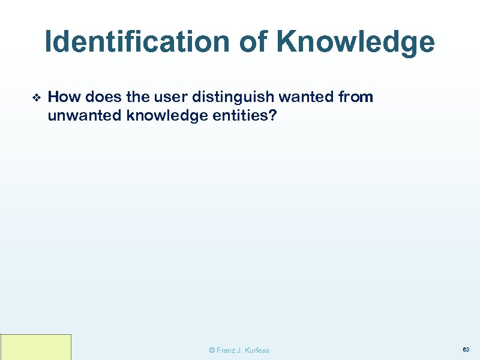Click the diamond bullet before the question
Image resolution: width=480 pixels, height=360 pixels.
tap(35, 97)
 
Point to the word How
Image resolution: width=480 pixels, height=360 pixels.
tap(62, 97)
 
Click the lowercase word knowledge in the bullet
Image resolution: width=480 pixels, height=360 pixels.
tap(161, 116)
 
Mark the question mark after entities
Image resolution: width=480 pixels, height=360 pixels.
tap(273, 115)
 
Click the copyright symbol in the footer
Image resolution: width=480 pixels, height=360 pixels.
tap(211, 350)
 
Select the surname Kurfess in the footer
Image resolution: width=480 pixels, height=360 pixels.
tap(257, 350)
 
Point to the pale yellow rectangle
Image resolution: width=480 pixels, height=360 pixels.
tap(36, 347)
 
